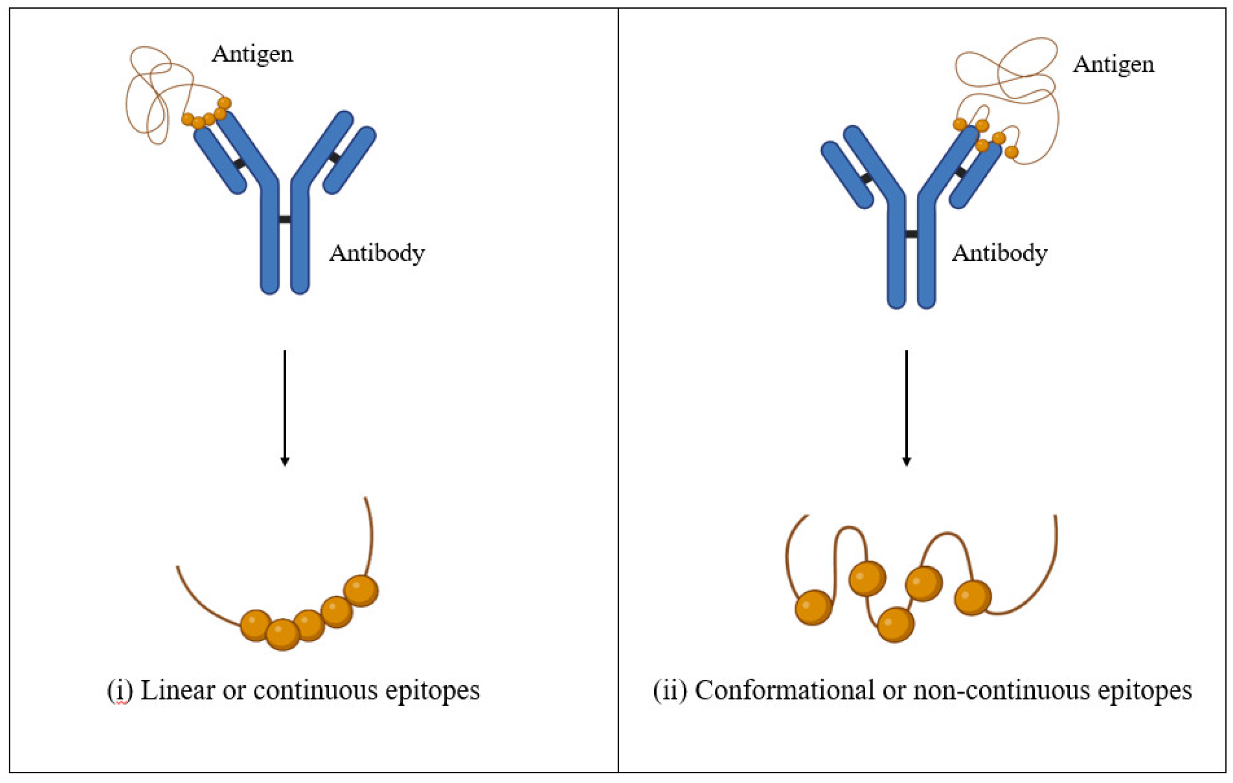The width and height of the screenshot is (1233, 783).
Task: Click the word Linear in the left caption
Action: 177,690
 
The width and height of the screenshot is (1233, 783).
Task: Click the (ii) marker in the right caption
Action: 670,690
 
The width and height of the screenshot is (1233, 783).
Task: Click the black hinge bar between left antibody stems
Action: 285,220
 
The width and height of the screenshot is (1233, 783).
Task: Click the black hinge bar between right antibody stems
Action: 911,234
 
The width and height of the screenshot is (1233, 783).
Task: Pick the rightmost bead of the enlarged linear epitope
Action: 361,591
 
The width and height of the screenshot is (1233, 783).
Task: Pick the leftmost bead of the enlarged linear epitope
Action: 255,625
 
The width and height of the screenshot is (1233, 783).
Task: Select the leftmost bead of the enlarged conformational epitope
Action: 814,607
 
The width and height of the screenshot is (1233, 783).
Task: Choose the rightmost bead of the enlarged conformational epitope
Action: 973,598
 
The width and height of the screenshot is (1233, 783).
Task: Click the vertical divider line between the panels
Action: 618,389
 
